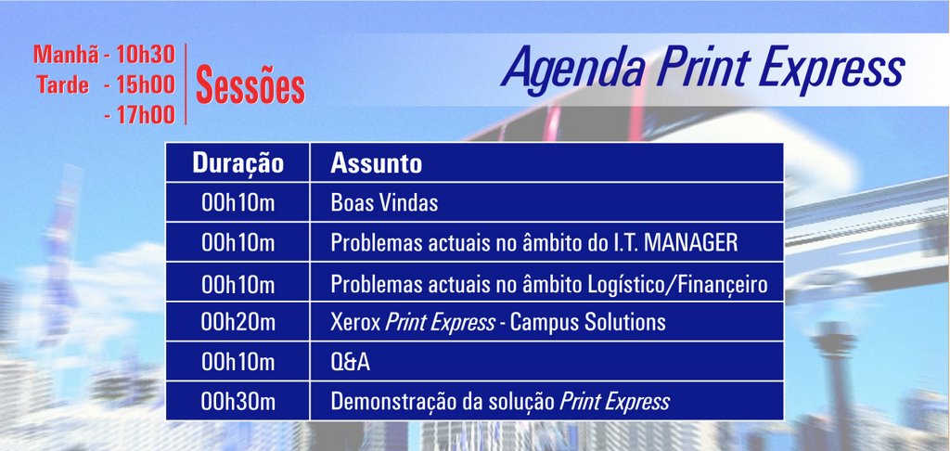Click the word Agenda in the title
573,68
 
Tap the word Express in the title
832,68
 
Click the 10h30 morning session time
146,55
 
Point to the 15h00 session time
146,84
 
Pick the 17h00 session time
146,114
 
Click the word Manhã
66,54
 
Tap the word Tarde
62,84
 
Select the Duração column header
238,163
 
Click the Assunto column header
377,163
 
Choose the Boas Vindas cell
384,203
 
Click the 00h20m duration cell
238,322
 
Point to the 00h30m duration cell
238,401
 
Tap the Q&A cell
350,362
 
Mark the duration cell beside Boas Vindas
238,203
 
